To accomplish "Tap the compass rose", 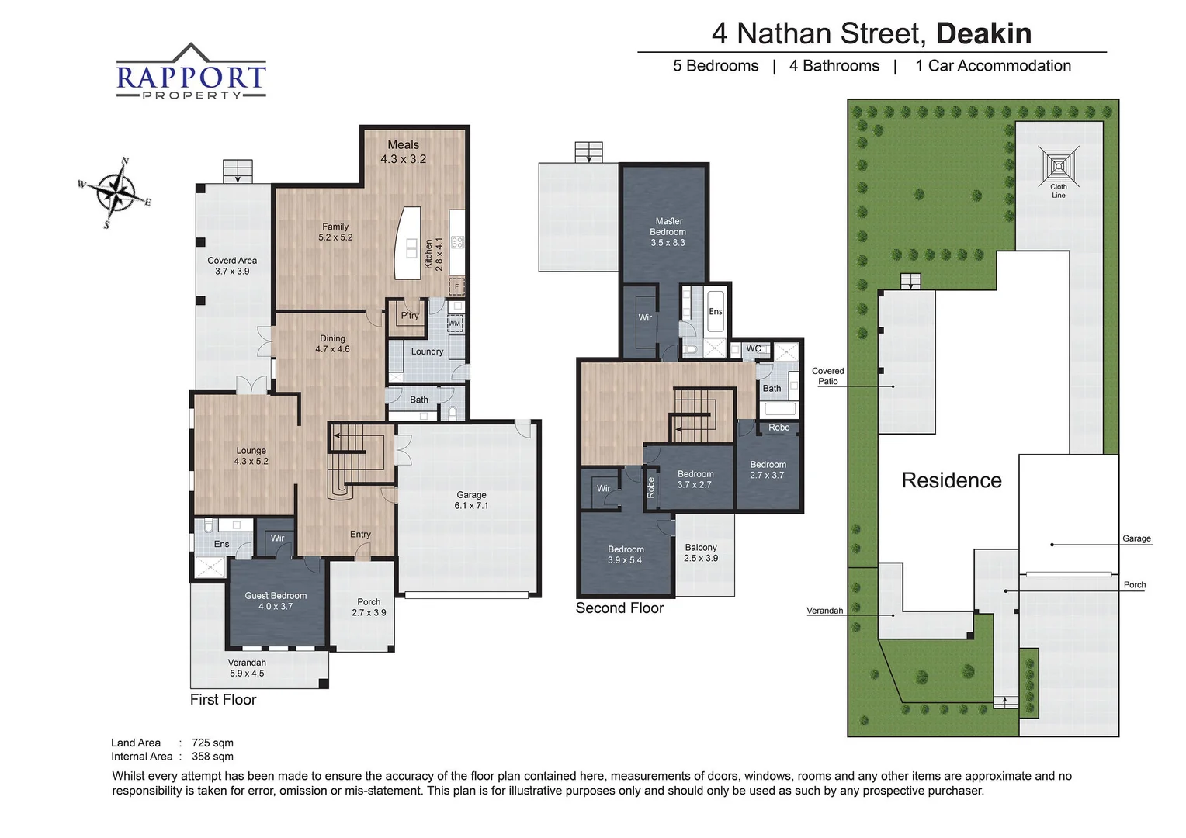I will (115, 192).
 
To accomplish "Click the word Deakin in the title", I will (983, 33).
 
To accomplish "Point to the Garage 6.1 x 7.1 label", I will (471, 500).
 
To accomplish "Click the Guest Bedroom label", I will (276, 601).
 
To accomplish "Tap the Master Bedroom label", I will (668, 231).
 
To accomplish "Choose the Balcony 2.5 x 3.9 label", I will (701, 552).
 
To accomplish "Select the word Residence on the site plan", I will (951, 480).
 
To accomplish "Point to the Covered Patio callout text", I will (827, 376).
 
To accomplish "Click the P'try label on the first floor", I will (410, 316).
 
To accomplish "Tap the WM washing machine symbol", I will (455, 324).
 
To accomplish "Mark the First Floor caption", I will (223, 700).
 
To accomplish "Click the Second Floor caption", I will (619, 608).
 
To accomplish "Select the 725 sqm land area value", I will (213, 743).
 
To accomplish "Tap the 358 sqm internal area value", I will (213, 757).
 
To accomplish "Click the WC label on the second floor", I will (754, 349).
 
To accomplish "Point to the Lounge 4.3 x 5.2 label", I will (251, 455).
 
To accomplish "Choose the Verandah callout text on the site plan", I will (824, 611).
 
